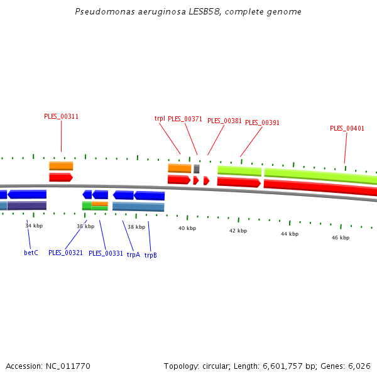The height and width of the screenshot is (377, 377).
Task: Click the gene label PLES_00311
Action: tap(61, 116)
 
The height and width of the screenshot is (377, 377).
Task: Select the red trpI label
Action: tap(160, 118)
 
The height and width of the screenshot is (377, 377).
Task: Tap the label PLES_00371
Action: tap(185, 119)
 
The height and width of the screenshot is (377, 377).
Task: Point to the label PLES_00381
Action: tap(224, 121)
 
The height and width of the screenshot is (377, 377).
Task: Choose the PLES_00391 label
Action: tap(262, 123)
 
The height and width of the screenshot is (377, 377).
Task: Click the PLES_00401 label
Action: tap(347, 128)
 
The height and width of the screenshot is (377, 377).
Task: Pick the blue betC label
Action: tap(31, 253)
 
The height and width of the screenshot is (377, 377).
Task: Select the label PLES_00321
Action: tap(65, 253)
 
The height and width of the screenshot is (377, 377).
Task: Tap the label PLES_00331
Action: tap(106, 253)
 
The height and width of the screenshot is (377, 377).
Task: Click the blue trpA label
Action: tap(133, 254)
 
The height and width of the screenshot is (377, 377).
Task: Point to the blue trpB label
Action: tap(151, 255)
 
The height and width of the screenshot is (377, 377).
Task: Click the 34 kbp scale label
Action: tap(34, 226)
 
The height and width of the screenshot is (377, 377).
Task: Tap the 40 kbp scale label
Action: tap(187, 228)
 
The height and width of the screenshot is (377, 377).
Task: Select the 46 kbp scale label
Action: tap(340, 238)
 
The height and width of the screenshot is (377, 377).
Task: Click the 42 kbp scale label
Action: tap(238, 231)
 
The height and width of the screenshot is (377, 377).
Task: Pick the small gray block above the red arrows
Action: tap(197, 169)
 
